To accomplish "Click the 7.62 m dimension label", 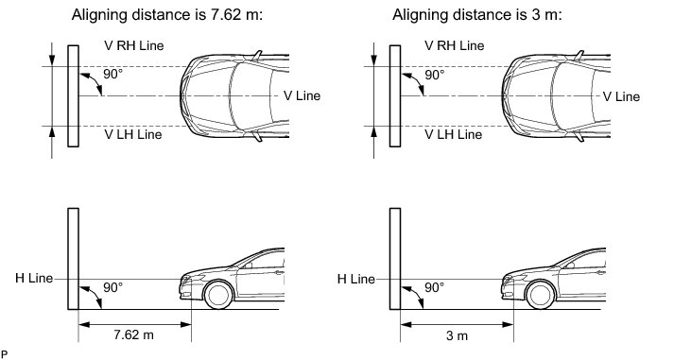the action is pos(133,334).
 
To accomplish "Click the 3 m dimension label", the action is pos(457,335).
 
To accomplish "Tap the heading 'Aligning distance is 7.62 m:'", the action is pos(166,14).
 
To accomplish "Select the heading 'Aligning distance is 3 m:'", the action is pos(477,14).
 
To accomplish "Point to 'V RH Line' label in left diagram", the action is pos(134,45).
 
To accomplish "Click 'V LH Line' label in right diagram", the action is pos(454,134).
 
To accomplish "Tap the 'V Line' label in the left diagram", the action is pos(302,95).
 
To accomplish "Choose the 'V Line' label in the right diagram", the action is pos(621,96).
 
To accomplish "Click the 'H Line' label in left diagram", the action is pos(34,278).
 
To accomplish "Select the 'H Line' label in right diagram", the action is pos(356,279).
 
